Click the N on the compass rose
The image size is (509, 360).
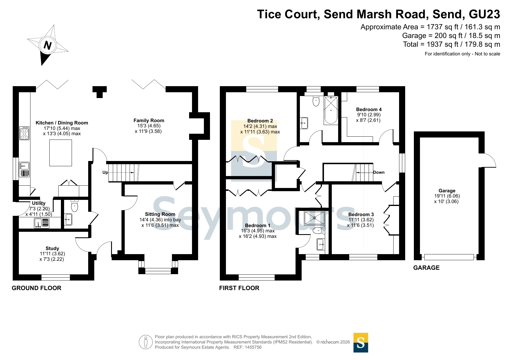tap(48, 46)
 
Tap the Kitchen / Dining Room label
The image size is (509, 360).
tap(62, 123)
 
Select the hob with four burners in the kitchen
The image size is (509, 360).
tap(24, 133)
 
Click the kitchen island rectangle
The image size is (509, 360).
tap(61, 153)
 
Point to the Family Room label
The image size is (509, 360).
tap(149, 120)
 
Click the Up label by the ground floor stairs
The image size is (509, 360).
tap(105, 172)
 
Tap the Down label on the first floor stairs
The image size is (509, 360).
tap(379, 172)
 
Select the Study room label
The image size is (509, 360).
tap(52, 248)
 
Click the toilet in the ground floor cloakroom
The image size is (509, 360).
tap(75, 206)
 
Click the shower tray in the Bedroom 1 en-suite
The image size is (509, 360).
tap(314, 218)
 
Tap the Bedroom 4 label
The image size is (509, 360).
tap(369, 109)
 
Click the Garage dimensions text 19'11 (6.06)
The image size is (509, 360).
tap(447, 196)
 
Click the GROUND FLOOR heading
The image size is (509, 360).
tap(37, 288)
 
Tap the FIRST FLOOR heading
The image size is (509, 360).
tap(239, 288)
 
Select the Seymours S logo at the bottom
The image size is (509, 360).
tap(361, 343)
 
